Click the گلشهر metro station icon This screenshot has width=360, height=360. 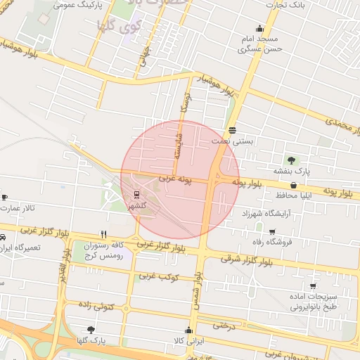point(136,195)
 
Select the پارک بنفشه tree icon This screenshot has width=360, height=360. point(289,160)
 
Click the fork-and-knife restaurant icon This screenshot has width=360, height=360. point(104,235)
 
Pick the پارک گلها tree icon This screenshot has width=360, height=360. point(91,329)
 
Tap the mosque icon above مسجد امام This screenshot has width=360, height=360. point(261,29)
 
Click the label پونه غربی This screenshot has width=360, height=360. point(176,181)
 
